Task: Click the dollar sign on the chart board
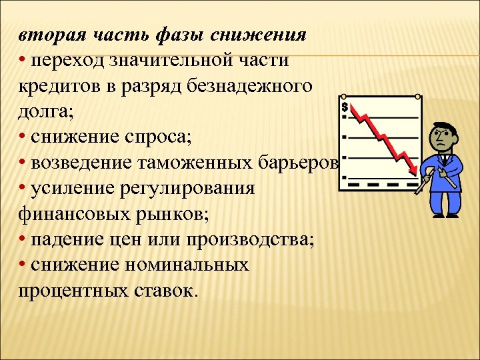tap(345, 107)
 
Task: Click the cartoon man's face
tap(442, 139)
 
